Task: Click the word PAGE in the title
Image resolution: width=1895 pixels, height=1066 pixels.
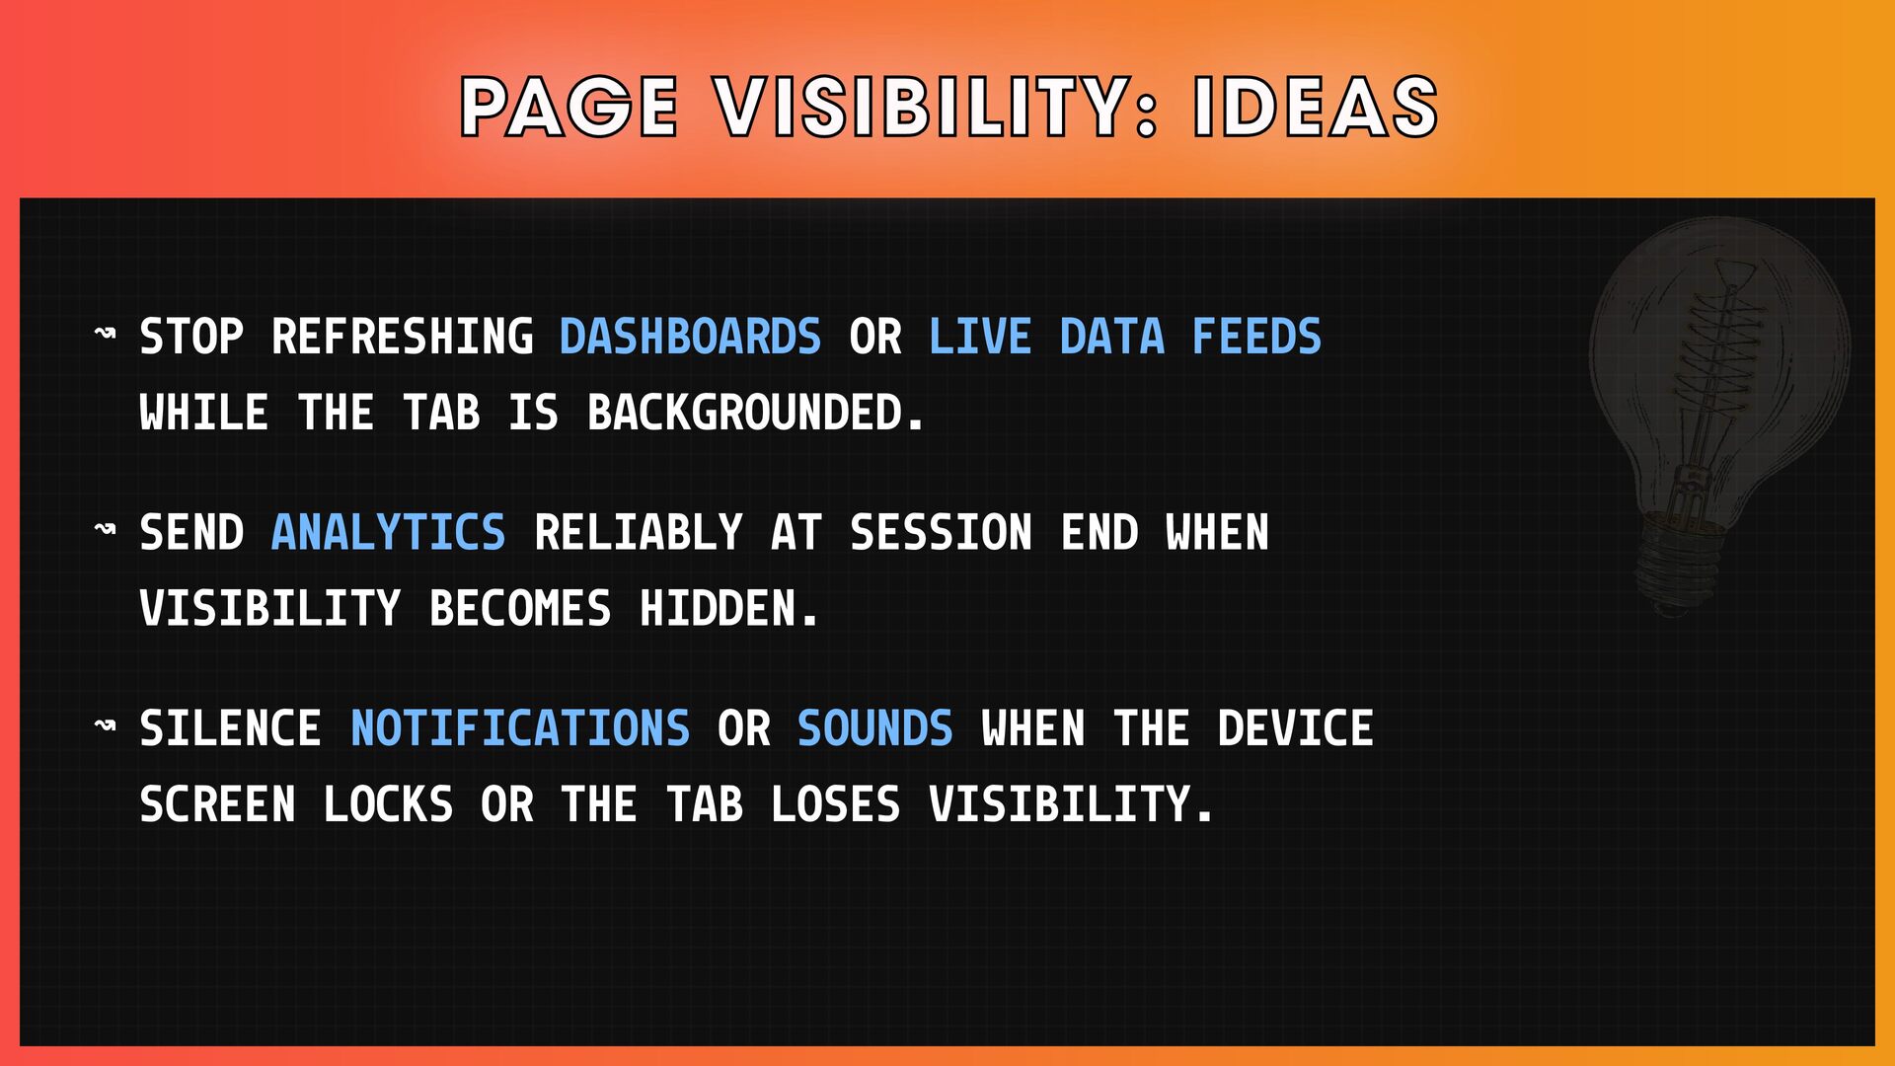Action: coord(569,107)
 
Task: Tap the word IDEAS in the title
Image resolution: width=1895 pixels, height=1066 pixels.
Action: coord(1316,107)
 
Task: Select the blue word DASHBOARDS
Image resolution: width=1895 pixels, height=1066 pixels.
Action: coord(690,337)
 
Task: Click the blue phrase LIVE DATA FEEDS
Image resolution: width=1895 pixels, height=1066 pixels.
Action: coord(1125,337)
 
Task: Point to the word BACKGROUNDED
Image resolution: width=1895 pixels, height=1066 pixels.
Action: coord(756,413)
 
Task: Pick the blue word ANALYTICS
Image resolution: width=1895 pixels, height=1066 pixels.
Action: coord(388,533)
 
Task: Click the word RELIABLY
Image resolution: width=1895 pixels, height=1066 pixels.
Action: coord(638,533)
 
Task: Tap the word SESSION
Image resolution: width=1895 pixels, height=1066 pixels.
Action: coord(941,533)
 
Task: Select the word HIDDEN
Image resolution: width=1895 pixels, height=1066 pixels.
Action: coord(728,609)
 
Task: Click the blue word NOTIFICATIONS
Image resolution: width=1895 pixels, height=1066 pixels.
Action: coord(520,728)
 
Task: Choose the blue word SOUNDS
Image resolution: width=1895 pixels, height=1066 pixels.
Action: coord(875,728)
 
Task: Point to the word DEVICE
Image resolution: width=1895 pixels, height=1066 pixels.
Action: coord(1295,728)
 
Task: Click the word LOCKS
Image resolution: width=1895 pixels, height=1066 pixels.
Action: coord(389,804)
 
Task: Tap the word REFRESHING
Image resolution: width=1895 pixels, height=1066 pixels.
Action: coord(402,337)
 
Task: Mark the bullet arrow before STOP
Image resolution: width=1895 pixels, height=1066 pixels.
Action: coord(105,334)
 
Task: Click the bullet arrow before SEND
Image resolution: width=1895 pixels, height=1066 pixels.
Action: coord(105,530)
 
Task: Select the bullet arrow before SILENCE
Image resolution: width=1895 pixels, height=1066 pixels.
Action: coord(105,725)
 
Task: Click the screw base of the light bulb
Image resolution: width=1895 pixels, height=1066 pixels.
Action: coord(1679,568)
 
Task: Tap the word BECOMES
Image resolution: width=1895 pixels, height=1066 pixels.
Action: coord(520,609)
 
